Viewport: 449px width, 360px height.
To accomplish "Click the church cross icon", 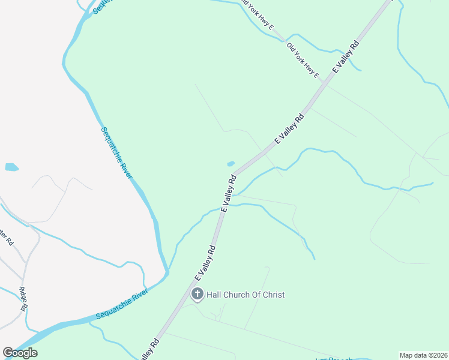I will [197, 294].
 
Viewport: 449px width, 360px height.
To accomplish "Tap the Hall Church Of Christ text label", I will [246, 295].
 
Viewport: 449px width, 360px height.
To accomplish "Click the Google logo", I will [20, 353].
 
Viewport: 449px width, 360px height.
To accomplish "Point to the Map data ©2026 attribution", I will [423, 355].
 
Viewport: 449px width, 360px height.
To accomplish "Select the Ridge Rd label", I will [23, 299].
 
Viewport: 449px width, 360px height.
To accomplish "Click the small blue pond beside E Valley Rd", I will [231, 163].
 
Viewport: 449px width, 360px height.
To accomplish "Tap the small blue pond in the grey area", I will [11, 167].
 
